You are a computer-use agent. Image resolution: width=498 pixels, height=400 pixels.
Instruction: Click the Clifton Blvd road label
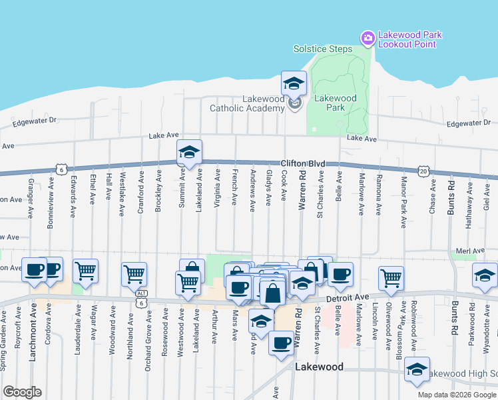click(302, 163)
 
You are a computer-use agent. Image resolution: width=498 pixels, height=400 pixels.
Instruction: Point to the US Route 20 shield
click(424, 171)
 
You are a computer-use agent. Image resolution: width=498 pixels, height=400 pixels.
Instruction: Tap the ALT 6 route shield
click(141, 299)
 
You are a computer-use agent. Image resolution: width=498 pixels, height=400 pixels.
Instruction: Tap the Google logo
click(22, 392)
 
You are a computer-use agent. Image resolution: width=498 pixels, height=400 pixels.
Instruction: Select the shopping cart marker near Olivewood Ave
click(391, 277)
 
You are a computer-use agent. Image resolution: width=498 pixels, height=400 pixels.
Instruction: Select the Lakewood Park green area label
click(335, 103)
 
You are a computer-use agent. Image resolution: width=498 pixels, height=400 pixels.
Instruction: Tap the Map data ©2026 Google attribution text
click(457, 395)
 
